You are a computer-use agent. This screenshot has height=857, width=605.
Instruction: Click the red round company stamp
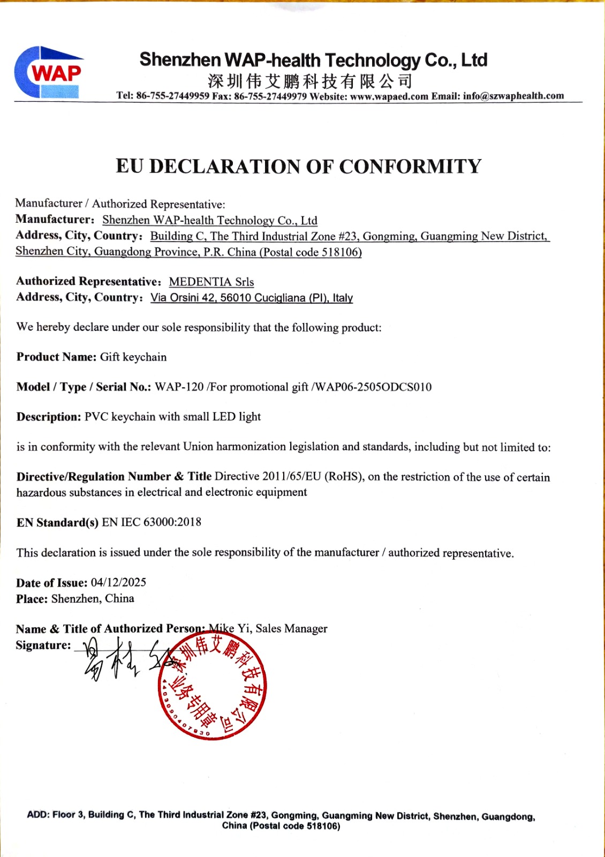[213, 688]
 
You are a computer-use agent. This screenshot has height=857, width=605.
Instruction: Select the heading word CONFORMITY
[410, 167]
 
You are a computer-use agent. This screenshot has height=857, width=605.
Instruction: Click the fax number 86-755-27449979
[270, 96]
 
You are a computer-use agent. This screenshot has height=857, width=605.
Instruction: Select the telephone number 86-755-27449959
[172, 96]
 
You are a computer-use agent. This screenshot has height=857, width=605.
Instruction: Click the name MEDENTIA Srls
[211, 282]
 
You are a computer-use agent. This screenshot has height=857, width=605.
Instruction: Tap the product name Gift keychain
[133, 357]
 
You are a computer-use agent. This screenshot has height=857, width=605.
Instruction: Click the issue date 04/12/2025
[118, 583]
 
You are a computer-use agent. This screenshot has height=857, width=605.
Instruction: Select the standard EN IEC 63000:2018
[152, 522]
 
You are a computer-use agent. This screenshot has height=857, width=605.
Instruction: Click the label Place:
[32, 599]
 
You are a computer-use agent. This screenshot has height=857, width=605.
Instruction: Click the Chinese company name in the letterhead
[310, 81]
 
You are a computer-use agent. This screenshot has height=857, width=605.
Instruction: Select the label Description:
[49, 417]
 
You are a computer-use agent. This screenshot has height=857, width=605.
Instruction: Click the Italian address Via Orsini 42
[183, 298]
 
